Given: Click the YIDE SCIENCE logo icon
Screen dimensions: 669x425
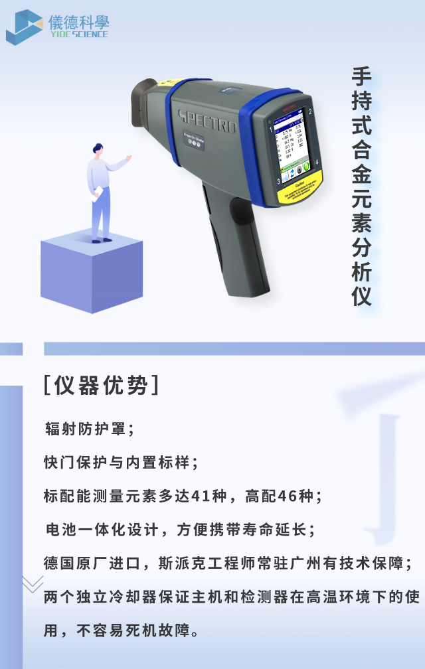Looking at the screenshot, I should coord(25,27).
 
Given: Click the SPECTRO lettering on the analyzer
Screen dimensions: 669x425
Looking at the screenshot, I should coord(207,123).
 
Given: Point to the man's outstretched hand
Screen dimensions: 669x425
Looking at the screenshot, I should coord(128,159).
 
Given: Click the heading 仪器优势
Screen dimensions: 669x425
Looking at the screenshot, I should coord(100,386).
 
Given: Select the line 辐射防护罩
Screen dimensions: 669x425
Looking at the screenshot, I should coord(89,428).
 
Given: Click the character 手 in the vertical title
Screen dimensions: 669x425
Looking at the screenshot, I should coord(361,76).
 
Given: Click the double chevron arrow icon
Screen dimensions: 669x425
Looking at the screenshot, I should coord(33,584).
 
